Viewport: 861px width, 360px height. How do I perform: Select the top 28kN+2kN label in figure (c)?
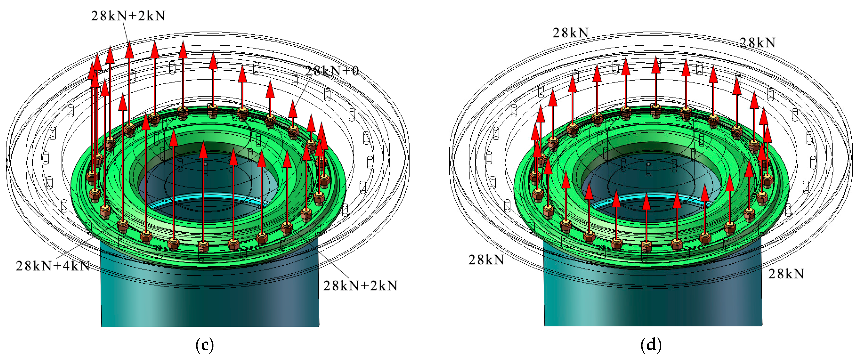point(128,16)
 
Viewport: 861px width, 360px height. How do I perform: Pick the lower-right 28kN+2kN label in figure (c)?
point(360,285)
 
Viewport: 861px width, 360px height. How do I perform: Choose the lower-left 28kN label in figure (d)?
point(486,259)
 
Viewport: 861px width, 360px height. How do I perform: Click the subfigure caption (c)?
point(205,345)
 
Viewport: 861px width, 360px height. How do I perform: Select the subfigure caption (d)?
point(651,345)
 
